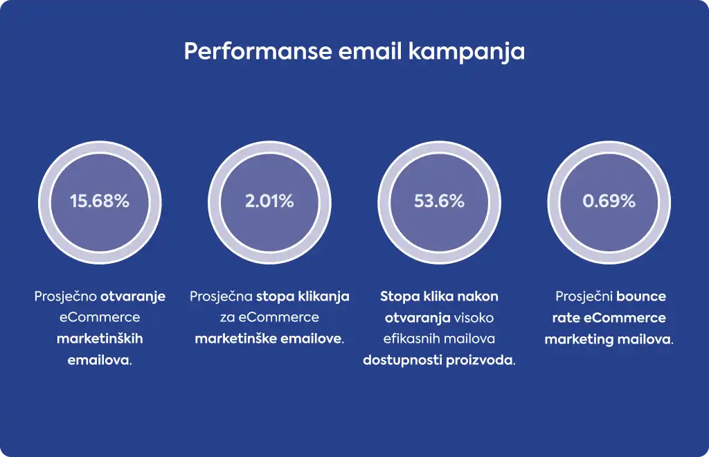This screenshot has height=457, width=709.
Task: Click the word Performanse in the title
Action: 258,51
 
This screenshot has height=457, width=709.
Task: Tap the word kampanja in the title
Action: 467,52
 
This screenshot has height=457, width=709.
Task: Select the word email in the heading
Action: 370,51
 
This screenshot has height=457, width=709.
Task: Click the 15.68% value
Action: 100,201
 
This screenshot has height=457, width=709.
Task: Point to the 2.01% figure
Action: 269,201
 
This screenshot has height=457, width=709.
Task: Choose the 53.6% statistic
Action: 439,201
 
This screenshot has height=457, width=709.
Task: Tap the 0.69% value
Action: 609,201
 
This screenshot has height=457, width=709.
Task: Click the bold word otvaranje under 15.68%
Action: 132,296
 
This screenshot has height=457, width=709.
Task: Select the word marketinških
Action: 100,339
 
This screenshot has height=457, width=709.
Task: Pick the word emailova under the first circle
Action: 98,360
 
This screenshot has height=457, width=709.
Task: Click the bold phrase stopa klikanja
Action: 303,296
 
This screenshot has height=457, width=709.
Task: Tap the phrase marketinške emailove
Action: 269,339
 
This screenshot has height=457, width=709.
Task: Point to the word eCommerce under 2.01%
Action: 278,317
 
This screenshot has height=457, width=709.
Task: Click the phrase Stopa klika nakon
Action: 439,296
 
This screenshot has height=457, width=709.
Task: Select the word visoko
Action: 474,318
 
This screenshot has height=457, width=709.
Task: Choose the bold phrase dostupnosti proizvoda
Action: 438,360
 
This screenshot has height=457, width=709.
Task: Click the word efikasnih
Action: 410,339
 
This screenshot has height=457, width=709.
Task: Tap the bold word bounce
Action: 641,296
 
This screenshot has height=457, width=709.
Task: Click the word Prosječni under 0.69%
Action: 584,296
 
